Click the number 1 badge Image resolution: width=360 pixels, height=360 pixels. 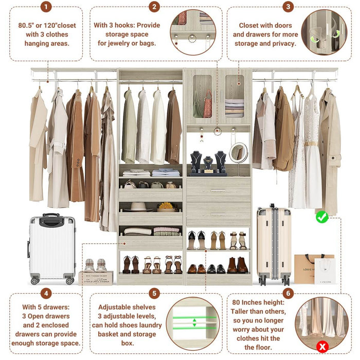coord(46,7)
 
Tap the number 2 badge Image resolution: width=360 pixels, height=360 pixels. coord(154,7)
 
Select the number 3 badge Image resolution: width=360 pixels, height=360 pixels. coord(288,7)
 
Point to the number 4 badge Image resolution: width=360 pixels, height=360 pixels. coord(46,294)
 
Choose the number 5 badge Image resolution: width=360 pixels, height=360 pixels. coord(154,294)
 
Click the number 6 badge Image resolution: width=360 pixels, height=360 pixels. coord(288,294)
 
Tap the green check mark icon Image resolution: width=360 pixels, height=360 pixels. coord(322,217)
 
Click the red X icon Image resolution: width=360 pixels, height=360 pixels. coord(322,346)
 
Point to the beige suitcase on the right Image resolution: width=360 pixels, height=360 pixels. coord(274,244)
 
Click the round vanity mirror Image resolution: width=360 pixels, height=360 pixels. coord(238,153)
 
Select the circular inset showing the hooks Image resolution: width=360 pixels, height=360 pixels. coord(193,32)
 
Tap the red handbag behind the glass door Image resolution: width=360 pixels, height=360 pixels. coord(207,105)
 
